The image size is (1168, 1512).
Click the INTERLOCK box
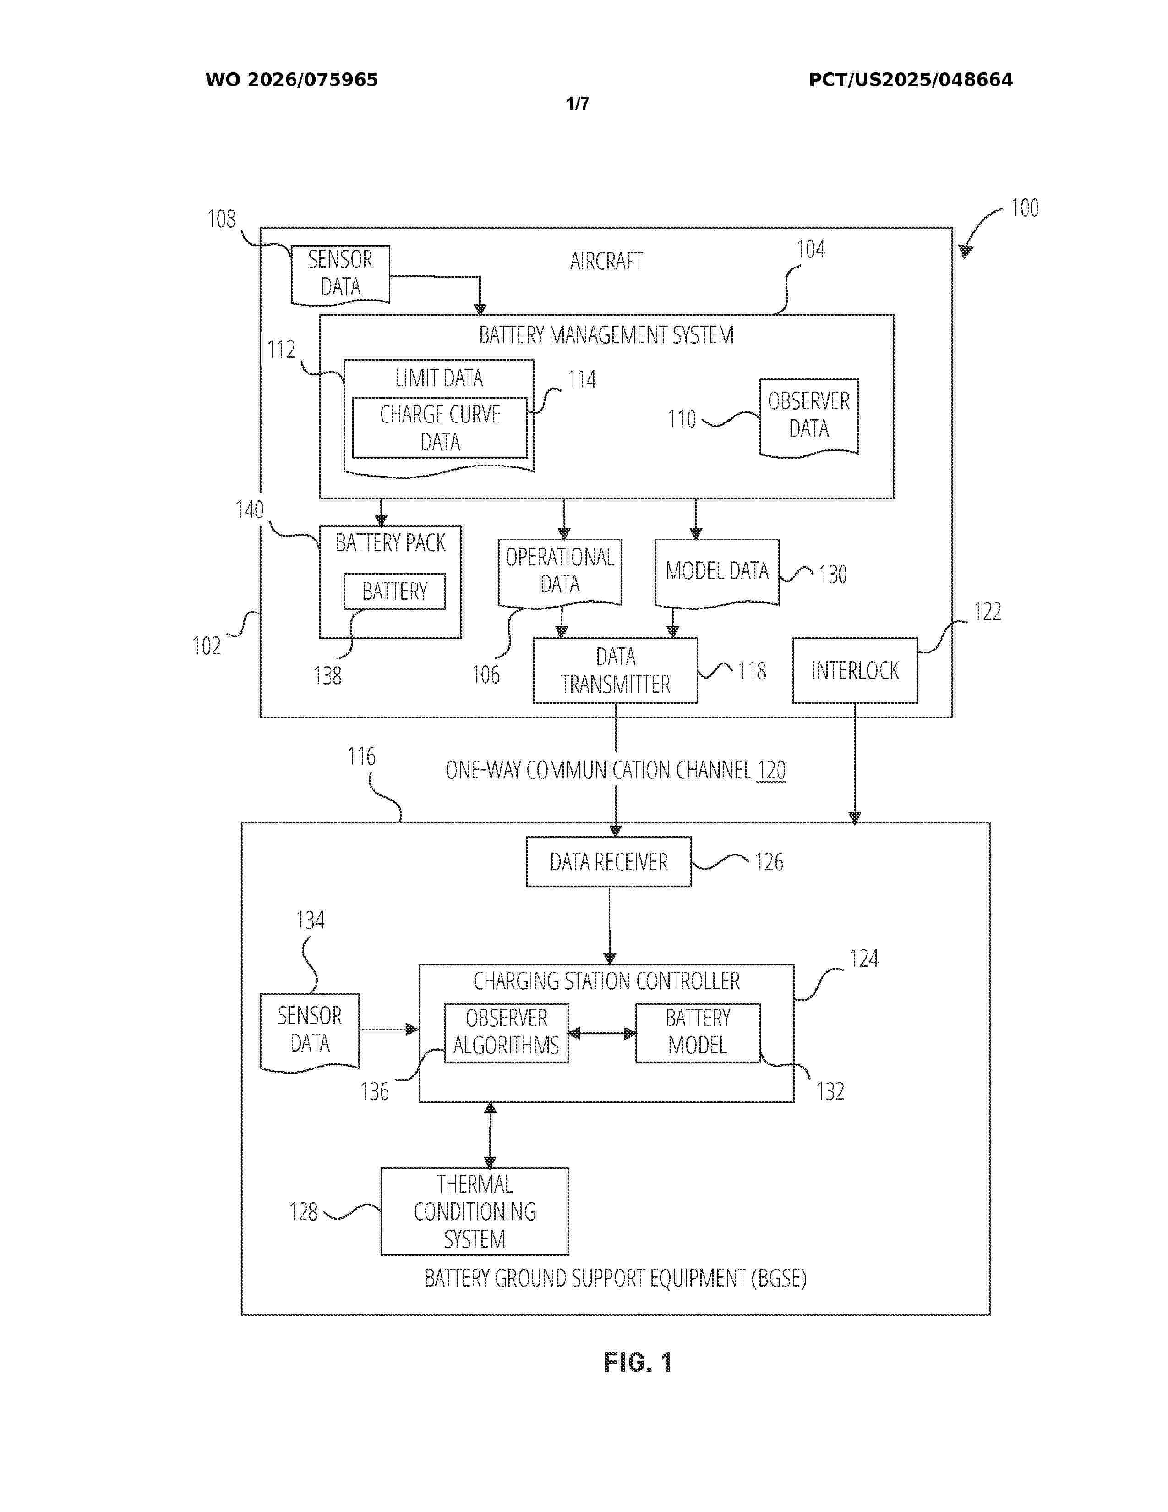(855, 670)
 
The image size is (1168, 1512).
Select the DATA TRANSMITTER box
(615, 670)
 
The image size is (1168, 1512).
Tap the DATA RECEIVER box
(609, 862)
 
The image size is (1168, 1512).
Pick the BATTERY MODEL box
(698, 1032)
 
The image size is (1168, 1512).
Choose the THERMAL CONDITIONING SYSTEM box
(475, 1211)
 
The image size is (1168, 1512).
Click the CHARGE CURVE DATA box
(440, 428)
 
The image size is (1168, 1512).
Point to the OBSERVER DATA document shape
(809, 416)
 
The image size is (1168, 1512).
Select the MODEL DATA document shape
(717, 571)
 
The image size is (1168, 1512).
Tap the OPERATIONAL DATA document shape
(560, 571)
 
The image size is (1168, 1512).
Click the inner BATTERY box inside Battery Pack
(394, 591)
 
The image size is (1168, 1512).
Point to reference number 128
(303, 1211)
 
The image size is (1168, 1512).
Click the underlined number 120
(771, 771)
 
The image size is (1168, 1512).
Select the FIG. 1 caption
(637, 1363)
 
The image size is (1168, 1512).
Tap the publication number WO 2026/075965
(291, 80)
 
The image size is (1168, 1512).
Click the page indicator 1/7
(578, 104)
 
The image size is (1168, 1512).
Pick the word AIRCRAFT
(606, 262)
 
